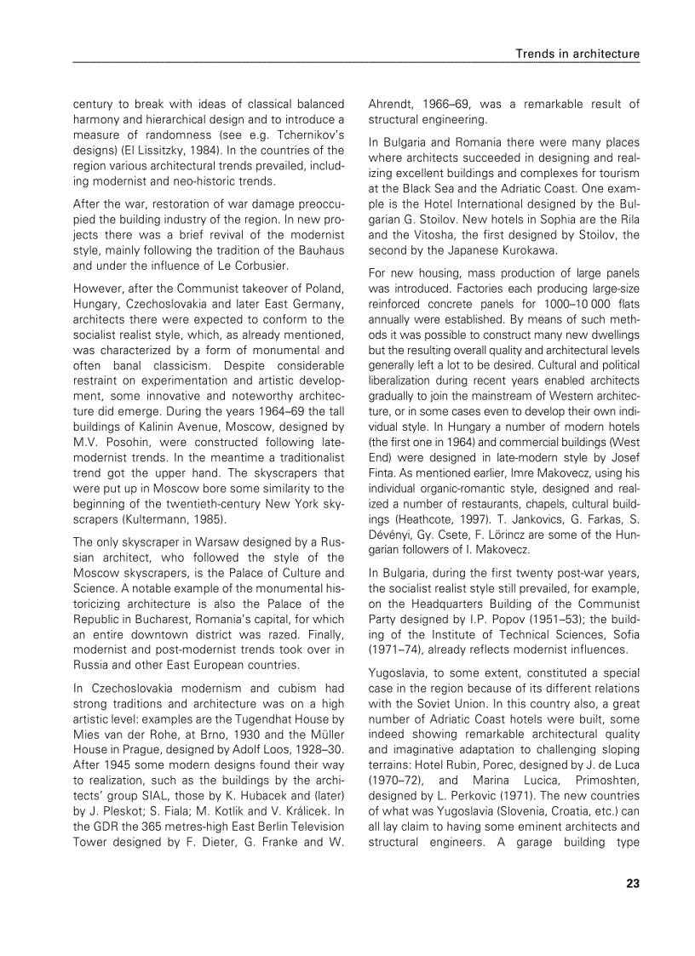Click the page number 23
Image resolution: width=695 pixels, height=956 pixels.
click(x=632, y=883)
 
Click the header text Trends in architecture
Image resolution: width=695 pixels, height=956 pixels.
click(x=577, y=54)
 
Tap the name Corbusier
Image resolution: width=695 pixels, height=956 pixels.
click(x=258, y=265)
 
